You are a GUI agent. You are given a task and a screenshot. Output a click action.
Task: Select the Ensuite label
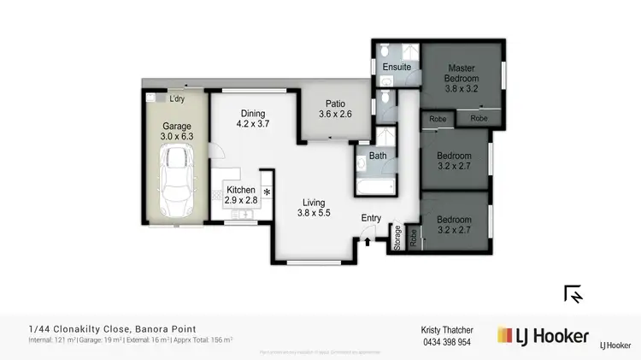(397, 67)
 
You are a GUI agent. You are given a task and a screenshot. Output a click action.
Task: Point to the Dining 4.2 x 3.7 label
(252, 118)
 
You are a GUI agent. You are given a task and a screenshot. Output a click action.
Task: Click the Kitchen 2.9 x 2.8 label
(241, 195)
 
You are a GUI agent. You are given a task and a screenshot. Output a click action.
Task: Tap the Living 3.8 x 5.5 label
(313, 208)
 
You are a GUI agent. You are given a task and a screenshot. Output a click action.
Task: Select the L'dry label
(177, 99)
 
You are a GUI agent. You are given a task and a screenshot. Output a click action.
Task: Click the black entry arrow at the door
(368, 242)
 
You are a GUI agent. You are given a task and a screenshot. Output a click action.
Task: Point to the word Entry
(372, 219)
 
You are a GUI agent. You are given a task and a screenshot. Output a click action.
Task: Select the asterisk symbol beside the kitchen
(268, 192)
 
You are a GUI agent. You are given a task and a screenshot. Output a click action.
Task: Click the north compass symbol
(573, 294)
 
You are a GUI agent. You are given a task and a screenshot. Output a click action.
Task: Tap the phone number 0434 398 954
(446, 342)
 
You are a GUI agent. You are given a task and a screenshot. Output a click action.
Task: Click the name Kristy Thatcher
(447, 329)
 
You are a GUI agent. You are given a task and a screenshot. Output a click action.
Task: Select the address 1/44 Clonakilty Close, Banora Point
(112, 328)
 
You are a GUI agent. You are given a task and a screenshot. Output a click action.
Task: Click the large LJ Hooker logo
(543, 335)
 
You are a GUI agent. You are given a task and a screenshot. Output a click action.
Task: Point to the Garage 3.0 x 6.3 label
(177, 130)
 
